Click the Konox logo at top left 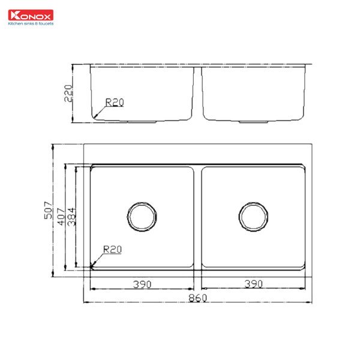(x=30, y=16)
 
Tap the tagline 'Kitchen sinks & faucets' (x=30, y=25)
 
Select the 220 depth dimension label (x=68, y=94)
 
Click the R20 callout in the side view (x=114, y=103)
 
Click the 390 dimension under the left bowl (x=142, y=284)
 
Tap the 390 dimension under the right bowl (x=254, y=284)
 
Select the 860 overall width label (x=198, y=297)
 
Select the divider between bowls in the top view (x=197, y=216)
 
